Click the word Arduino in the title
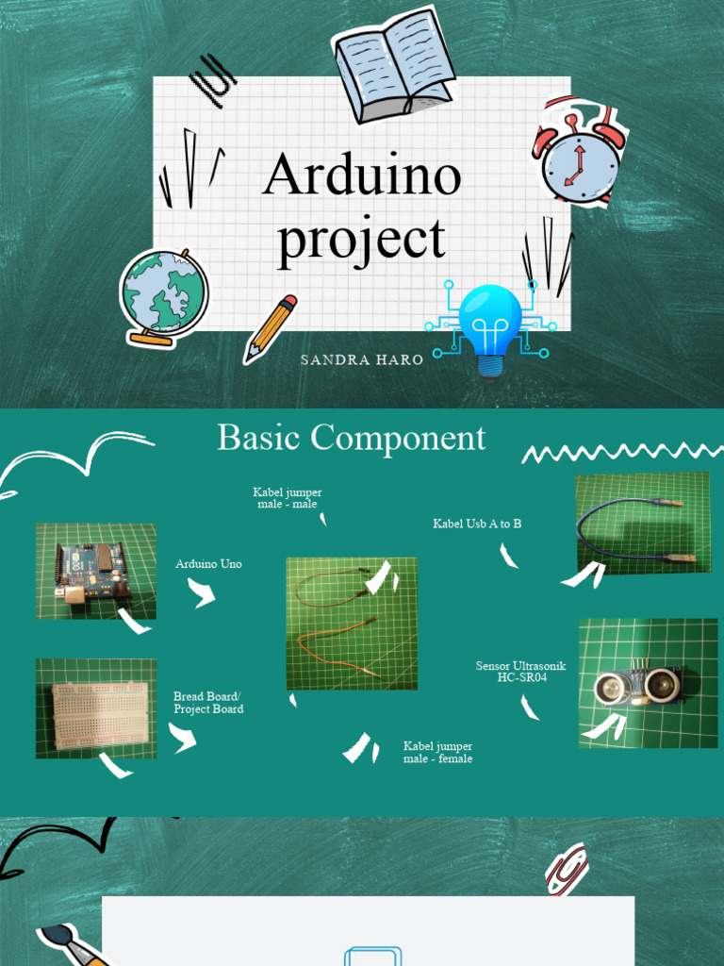[362, 175]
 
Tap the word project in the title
[361, 239]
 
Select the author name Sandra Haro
[362, 359]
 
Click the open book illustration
[393, 65]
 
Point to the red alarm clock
[579, 153]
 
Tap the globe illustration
[164, 295]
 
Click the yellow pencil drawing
[270, 328]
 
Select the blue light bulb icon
[489, 326]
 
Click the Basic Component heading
[352, 438]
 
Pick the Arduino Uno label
[208, 564]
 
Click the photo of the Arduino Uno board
[95, 571]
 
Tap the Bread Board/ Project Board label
[208, 703]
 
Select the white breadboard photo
[96, 708]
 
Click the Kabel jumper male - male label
[288, 498]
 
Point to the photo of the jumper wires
[352, 623]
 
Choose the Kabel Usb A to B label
[477, 524]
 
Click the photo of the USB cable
[642, 523]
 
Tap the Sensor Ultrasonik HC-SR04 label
[521, 672]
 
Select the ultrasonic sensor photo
[648, 683]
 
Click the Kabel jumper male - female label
[437, 752]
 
